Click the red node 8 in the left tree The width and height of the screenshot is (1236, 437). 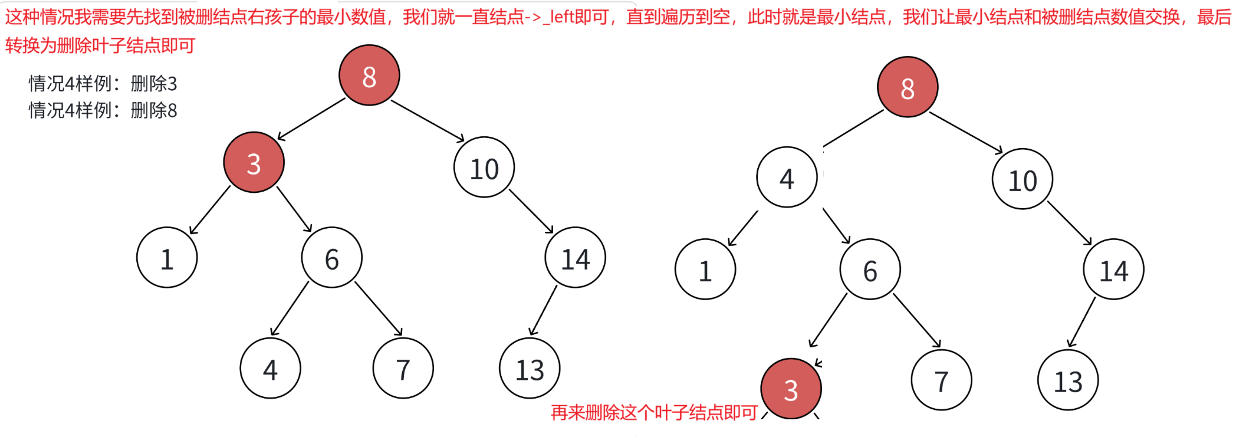tap(369, 75)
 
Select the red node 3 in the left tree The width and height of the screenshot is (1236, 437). tap(254, 162)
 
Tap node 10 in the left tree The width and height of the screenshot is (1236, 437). tap(484, 167)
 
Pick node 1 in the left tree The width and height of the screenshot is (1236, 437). tap(167, 258)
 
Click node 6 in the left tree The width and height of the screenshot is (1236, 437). tap(331, 258)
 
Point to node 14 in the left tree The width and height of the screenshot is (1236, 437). tap(576, 258)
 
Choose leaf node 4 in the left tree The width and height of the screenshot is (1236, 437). tap(270, 369)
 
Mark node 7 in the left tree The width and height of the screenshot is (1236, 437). tap(403, 369)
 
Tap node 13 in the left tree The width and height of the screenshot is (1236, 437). tap(530, 369)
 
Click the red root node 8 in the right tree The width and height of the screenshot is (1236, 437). tap(908, 87)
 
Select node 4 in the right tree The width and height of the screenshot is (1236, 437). tap(787, 178)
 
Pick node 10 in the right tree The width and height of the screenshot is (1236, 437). tap(1023, 179)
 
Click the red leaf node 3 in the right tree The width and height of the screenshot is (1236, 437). tap(791, 389)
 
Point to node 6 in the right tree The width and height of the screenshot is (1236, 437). tap(870, 270)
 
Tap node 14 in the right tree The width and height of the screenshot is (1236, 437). tap(1113, 270)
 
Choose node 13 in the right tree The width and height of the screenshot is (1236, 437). tap(1068, 380)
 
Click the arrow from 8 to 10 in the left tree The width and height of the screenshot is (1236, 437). tap(428, 121)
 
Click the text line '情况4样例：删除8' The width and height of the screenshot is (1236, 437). tap(103, 110)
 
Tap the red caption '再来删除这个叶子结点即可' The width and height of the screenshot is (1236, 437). tap(654, 412)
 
